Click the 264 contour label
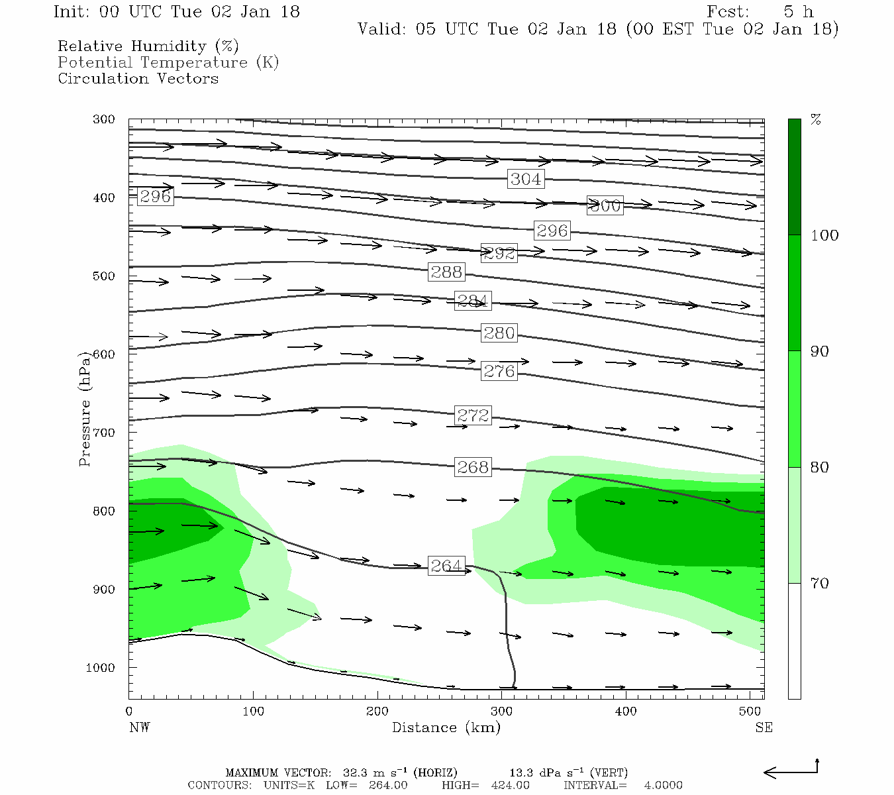tap(446, 566)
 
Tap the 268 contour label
tap(473, 467)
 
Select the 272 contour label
tap(473, 415)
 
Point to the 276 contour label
tap(499, 371)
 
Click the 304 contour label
tap(526, 179)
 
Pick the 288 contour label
tap(446, 272)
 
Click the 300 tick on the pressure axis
tap(104, 120)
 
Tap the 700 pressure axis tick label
tap(104, 433)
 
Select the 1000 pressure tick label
tap(101, 668)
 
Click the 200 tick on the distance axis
tap(377, 712)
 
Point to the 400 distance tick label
tap(626, 712)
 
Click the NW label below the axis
tap(139, 727)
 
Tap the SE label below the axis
tap(764, 727)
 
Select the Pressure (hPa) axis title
tap(85, 409)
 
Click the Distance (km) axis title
tap(446, 727)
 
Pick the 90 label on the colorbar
tap(820, 351)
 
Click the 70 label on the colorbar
tap(820, 584)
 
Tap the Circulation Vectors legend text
tap(138, 79)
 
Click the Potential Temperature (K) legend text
tap(168, 63)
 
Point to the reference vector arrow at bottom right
tap(791, 771)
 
